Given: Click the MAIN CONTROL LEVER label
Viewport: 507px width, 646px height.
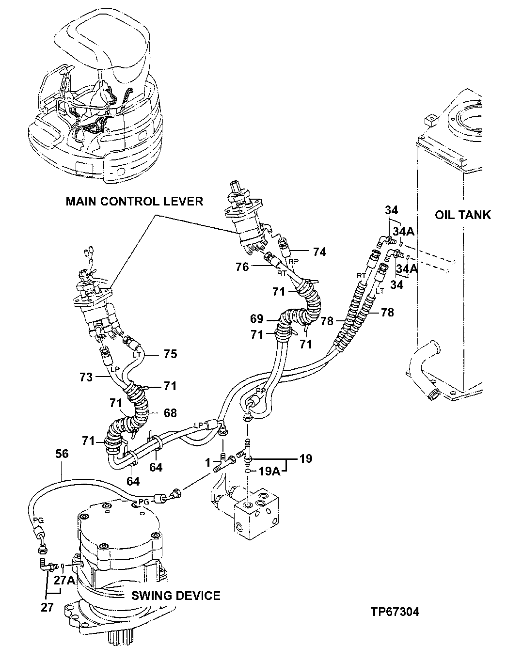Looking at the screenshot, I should (134, 201).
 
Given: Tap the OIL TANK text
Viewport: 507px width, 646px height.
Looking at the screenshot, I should (462, 215).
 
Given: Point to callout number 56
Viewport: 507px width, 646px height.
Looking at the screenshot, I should (62, 454).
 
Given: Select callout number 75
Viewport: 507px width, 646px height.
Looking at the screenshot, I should (170, 354).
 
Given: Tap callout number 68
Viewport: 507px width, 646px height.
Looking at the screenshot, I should (170, 413).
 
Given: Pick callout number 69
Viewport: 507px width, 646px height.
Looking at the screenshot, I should (257, 318).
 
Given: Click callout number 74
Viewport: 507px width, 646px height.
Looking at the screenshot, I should (319, 252).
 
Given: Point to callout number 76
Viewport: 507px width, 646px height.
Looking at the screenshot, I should (242, 267).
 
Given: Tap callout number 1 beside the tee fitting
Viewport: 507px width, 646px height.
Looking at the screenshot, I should (208, 463).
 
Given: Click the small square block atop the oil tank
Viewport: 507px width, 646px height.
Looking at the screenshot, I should (430, 119).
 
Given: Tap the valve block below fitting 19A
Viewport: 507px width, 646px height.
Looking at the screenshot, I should (257, 516).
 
